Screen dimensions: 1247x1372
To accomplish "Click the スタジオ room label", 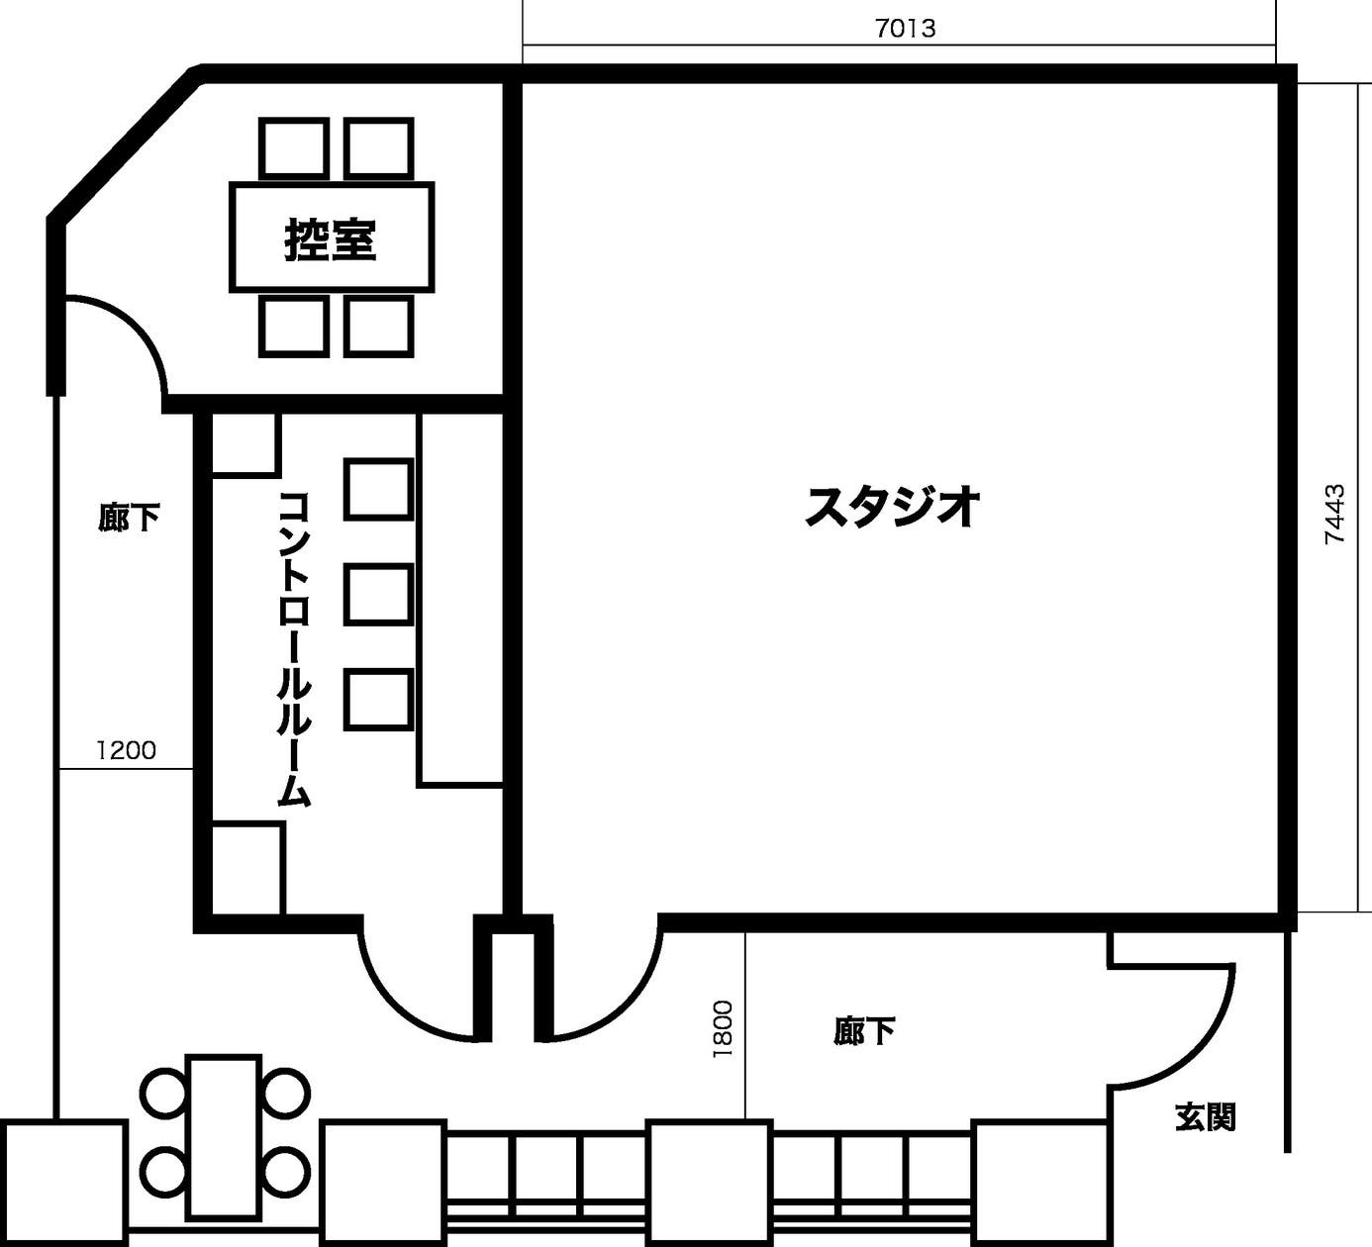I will tap(892, 507).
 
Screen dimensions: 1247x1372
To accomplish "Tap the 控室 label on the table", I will tap(331, 239).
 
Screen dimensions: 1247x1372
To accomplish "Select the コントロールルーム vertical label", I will tap(295, 648).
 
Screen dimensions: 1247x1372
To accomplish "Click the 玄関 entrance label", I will tap(1205, 1117).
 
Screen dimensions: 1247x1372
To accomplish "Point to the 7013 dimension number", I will tap(905, 29).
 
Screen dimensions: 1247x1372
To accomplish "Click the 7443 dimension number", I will tap(1334, 514).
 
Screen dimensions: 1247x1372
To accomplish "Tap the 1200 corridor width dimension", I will tap(126, 750).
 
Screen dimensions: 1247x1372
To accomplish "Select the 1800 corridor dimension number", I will tap(723, 1029).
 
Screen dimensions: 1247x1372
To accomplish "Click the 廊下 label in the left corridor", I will tap(129, 517).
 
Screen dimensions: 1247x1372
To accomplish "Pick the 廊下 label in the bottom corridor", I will tap(864, 1032).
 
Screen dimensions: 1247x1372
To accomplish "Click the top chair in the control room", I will tap(377, 489).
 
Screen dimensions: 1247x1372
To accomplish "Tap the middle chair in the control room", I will tap(377, 594).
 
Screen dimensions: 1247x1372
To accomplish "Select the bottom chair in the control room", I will tap(377, 699).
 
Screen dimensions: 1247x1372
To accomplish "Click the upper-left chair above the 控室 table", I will tap(293, 148).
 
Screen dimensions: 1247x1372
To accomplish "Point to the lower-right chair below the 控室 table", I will tap(378, 326).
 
